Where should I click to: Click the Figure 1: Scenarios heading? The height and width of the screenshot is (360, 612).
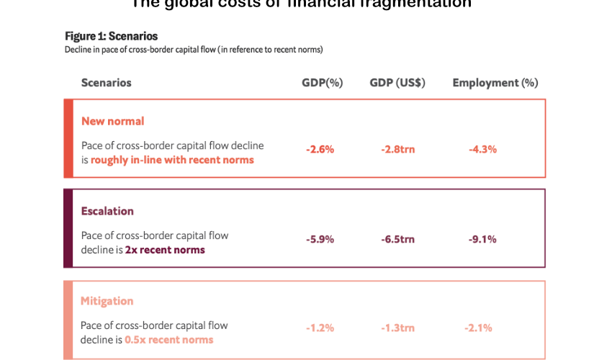click(111, 36)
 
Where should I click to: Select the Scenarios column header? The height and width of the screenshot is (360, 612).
click(107, 83)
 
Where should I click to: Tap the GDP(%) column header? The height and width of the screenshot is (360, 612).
click(322, 83)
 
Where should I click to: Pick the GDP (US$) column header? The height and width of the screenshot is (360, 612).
click(397, 83)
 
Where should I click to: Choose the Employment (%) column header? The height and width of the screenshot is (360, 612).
click(495, 83)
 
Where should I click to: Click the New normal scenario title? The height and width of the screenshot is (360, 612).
click(112, 121)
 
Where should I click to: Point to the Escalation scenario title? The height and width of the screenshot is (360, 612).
click(107, 211)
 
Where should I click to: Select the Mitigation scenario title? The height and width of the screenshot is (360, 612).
click(107, 301)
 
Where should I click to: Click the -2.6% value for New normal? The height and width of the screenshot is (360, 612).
click(320, 150)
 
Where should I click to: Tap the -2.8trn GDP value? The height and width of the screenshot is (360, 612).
click(398, 150)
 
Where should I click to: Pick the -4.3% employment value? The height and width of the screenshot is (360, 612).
click(482, 150)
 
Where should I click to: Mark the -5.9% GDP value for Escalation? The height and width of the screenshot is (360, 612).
click(320, 240)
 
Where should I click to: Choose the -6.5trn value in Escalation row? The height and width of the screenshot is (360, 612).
click(398, 240)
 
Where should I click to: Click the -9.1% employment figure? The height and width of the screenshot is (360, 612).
click(482, 240)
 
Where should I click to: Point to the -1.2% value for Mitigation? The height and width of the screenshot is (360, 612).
click(320, 328)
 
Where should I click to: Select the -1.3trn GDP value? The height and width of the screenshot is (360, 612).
click(398, 328)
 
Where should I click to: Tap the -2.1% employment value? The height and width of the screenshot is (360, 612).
click(479, 328)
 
